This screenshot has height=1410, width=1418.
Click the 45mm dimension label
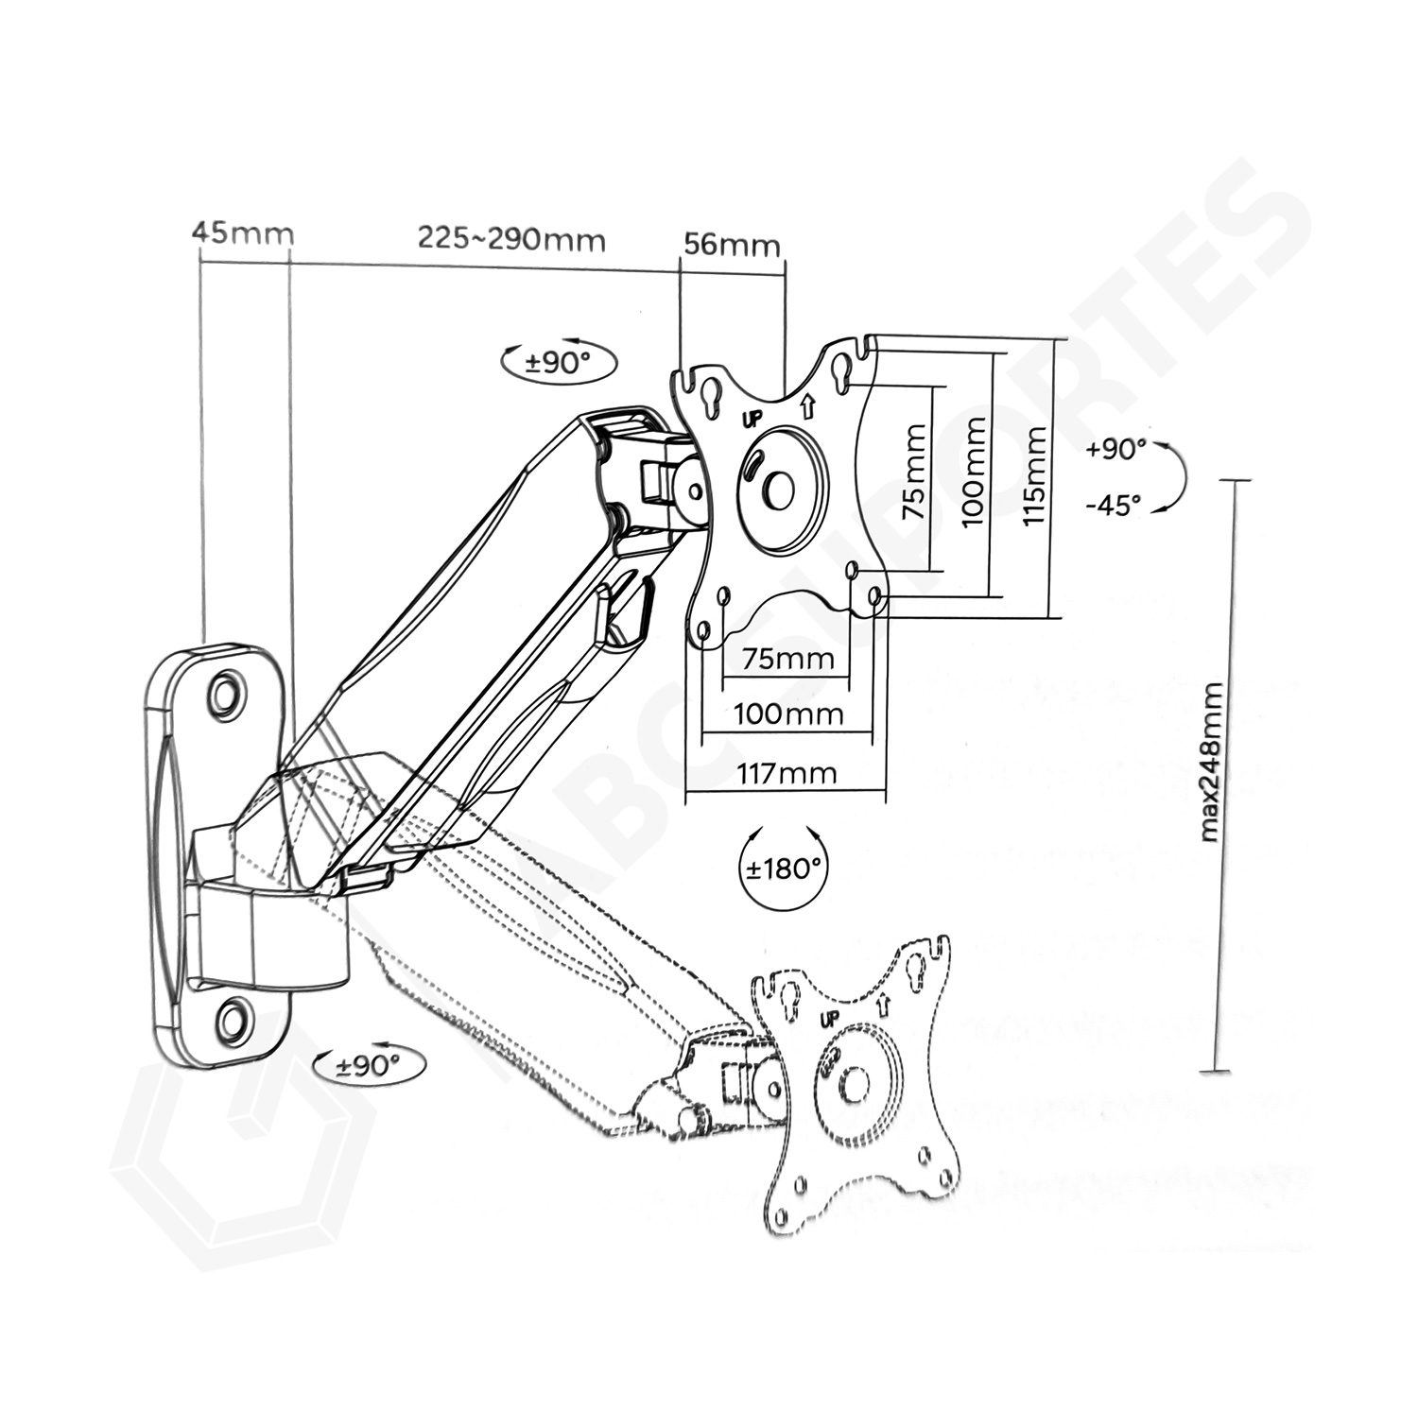coord(242,232)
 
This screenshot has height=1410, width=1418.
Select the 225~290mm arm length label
coord(510,239)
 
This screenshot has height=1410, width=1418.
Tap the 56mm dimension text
coord(732,246)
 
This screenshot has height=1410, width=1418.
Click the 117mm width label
coord(787,774)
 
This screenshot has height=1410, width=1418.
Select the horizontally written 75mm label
coord(787,658)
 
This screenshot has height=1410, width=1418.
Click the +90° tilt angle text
coord(1115,449)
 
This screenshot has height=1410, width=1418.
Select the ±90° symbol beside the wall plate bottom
coord(369,1066)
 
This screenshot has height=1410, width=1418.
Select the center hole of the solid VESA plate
coord(780,489)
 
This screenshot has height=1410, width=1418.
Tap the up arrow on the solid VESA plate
coord(806,407)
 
